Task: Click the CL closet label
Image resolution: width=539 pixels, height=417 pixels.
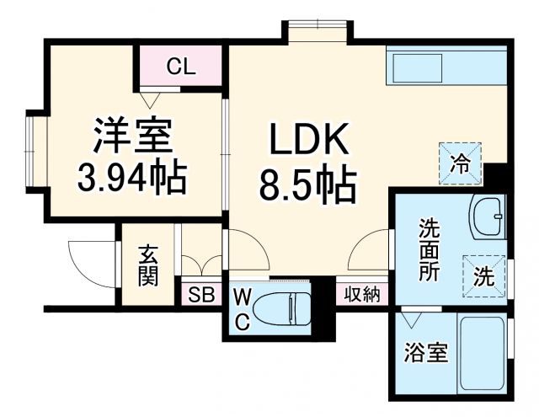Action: click(x=180, y=67)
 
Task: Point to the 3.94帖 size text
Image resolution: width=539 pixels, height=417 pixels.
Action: click(x=132, y=177)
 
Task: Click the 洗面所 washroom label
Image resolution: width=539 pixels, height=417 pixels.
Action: click(x=429, y=249)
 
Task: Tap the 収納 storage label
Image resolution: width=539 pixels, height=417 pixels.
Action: click(x=362, y=294)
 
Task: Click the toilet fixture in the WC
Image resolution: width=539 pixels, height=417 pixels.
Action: click(x=282, y=308)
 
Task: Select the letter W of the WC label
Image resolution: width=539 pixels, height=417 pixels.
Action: click(x=242, y=296)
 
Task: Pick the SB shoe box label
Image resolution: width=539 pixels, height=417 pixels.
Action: click(x=200, y=295)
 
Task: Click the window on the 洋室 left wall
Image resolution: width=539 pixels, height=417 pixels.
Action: click(x=34, y=152)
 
